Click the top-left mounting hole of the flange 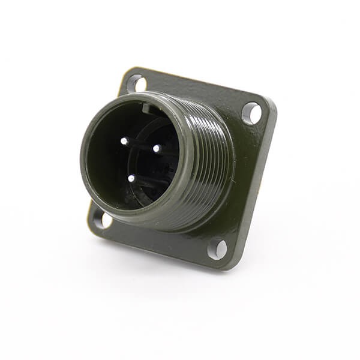(136, 83)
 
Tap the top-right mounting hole (251, 113)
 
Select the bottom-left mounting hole (101, 220)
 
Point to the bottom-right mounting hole (218, 248)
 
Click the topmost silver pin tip (124, 142)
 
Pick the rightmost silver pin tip (156, 148)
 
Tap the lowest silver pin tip (131, 178)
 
